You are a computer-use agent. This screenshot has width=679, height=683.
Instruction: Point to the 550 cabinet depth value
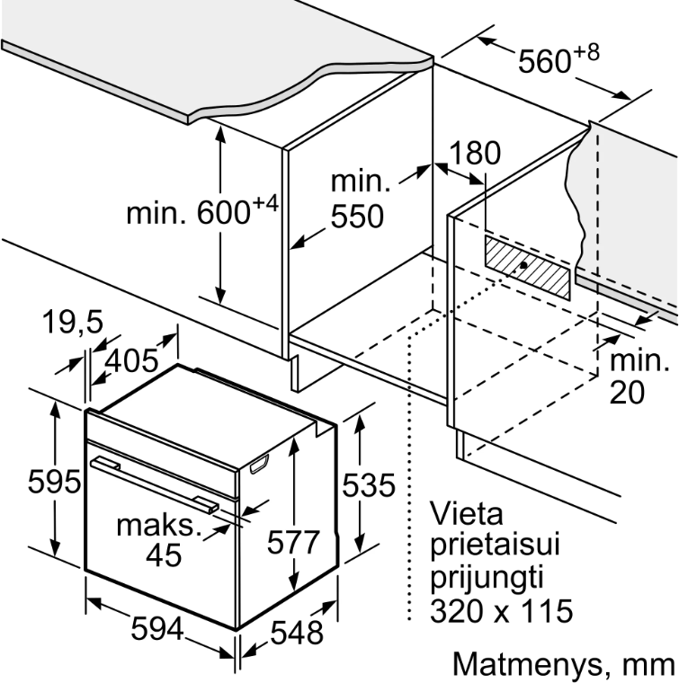[x=356, y=217]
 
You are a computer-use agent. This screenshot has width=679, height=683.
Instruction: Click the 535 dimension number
[x=370, y=485]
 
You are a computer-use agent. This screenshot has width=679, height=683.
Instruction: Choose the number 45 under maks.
[x=163, y=555]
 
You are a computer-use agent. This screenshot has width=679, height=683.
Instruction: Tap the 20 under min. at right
[x=628, y=393]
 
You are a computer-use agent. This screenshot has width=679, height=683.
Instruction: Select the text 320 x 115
[x=501, y=613]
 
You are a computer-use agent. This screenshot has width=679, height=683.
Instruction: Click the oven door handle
[x=153, y=483]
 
